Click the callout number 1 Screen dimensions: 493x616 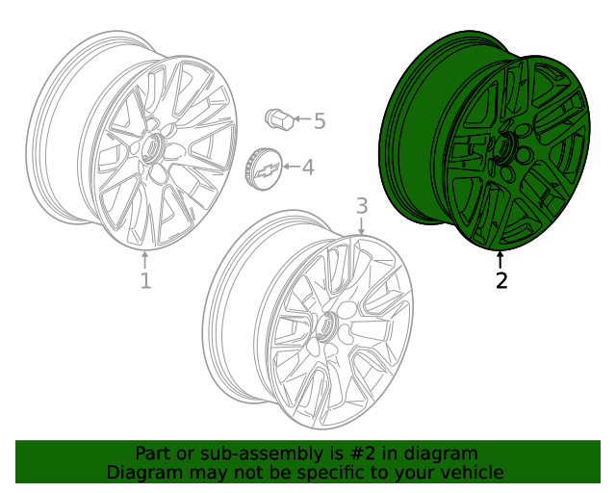(145, 281)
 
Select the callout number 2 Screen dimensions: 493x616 (500, 281)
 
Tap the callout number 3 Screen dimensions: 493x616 (362, 205)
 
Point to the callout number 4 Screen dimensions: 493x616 (308, 169)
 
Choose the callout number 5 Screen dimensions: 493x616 (320, 121)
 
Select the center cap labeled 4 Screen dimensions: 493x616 (264, 169)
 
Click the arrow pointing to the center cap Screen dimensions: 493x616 (291, 169)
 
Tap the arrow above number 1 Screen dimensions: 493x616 (145, 260)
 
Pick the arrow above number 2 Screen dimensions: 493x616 (500, 259)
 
